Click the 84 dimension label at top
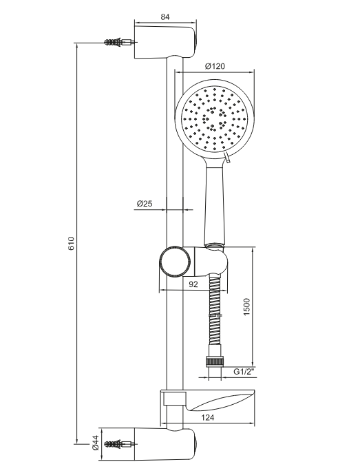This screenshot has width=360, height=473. coord(165,17)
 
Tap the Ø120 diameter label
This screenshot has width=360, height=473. coord(215,66)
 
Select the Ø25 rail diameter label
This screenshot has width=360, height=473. coord(145,204)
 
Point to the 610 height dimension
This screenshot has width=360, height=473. coord(71,244)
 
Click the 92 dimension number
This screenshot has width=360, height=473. coord(193,284)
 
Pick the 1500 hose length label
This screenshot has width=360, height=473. coord(246,307)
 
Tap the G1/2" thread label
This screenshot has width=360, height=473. coord(244,371)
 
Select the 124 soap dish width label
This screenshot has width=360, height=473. coord(207,417)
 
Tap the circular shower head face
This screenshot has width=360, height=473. coord(215,120)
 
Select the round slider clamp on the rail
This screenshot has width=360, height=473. coord(175,261)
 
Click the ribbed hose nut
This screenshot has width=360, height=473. coord(215,361)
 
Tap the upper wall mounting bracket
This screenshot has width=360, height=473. coord(165,42)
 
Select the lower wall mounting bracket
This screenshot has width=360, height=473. coord(165,444)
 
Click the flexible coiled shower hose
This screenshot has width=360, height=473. coord(215,314)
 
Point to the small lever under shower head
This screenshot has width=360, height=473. coord(228,158)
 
